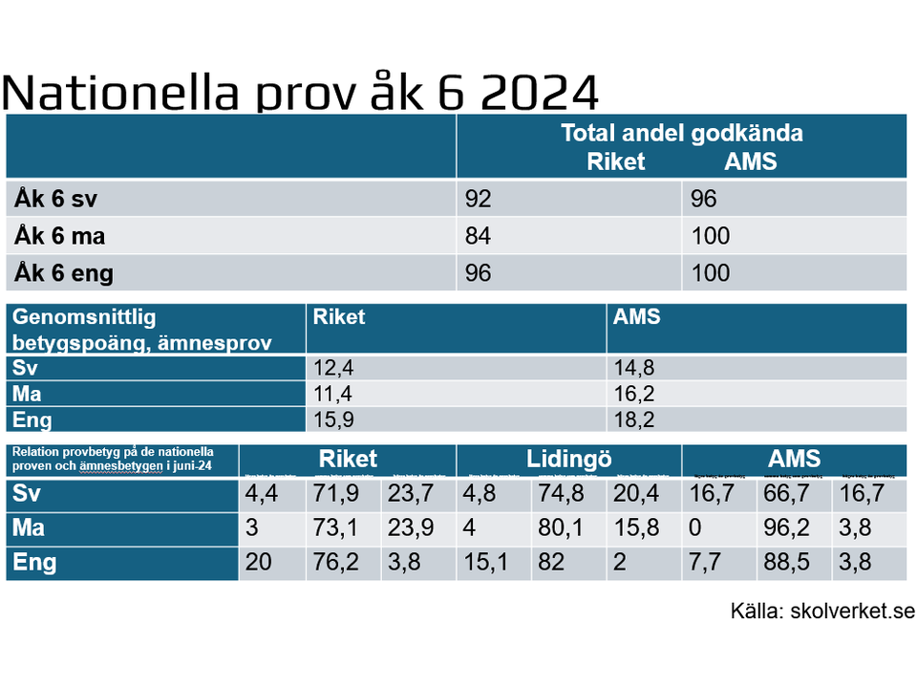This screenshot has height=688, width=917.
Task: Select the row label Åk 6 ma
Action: click(59, 236)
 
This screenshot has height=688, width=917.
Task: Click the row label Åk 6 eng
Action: click(64, 273)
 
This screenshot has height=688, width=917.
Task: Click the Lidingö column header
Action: click(568, 459)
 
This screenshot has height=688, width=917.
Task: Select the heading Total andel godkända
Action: click(681, 134)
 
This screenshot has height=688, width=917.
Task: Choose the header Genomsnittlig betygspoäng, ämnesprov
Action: click(142, 329)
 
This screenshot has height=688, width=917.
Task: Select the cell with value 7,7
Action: click(708, 562)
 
